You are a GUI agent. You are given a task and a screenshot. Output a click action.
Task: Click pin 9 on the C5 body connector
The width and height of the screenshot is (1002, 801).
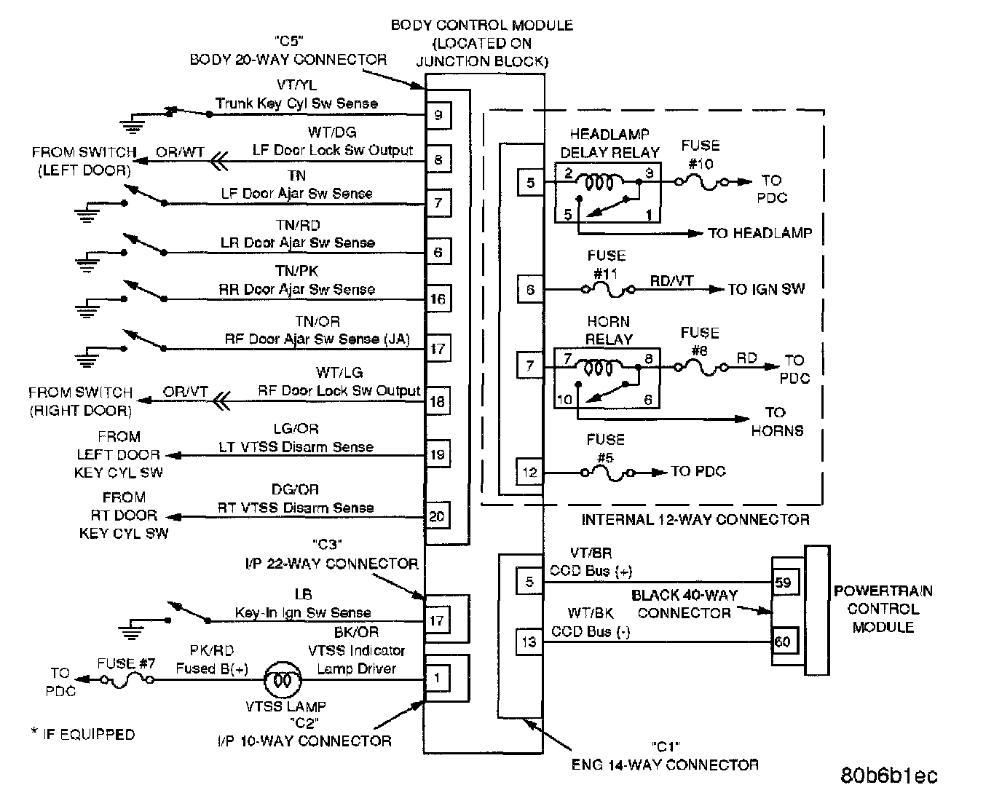click(438, 115)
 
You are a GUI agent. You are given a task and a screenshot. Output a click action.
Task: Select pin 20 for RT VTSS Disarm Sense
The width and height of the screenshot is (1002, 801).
click(438, 516)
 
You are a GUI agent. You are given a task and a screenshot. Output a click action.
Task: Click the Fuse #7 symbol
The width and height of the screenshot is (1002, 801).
click(127, 680)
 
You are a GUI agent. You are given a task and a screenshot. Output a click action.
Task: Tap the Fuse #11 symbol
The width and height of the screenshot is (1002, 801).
click(607, 289)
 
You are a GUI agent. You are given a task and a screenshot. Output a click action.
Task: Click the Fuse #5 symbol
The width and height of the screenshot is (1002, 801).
click(607, 472)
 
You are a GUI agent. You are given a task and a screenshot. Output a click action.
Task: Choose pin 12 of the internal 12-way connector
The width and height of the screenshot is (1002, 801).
click(529, 472)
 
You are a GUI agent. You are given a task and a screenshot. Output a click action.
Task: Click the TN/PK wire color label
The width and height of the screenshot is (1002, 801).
click(297, 272)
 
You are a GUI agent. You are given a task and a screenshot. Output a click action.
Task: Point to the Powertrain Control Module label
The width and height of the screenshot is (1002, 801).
click(883, 609)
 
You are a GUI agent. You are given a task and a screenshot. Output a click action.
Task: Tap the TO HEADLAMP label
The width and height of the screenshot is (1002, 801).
click(760, 233)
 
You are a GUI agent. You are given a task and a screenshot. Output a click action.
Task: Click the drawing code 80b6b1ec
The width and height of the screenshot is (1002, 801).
click(889, 776)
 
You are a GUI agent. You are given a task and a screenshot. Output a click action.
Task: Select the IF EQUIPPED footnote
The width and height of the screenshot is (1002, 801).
click(83, 734)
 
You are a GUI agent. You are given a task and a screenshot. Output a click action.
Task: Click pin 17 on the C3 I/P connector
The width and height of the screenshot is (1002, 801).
click(437, 620)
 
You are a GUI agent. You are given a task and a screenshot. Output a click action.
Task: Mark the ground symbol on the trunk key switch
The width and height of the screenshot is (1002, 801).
click(132, 125)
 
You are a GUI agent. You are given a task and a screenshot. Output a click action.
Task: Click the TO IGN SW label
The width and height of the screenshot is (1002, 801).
click(766, 289)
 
